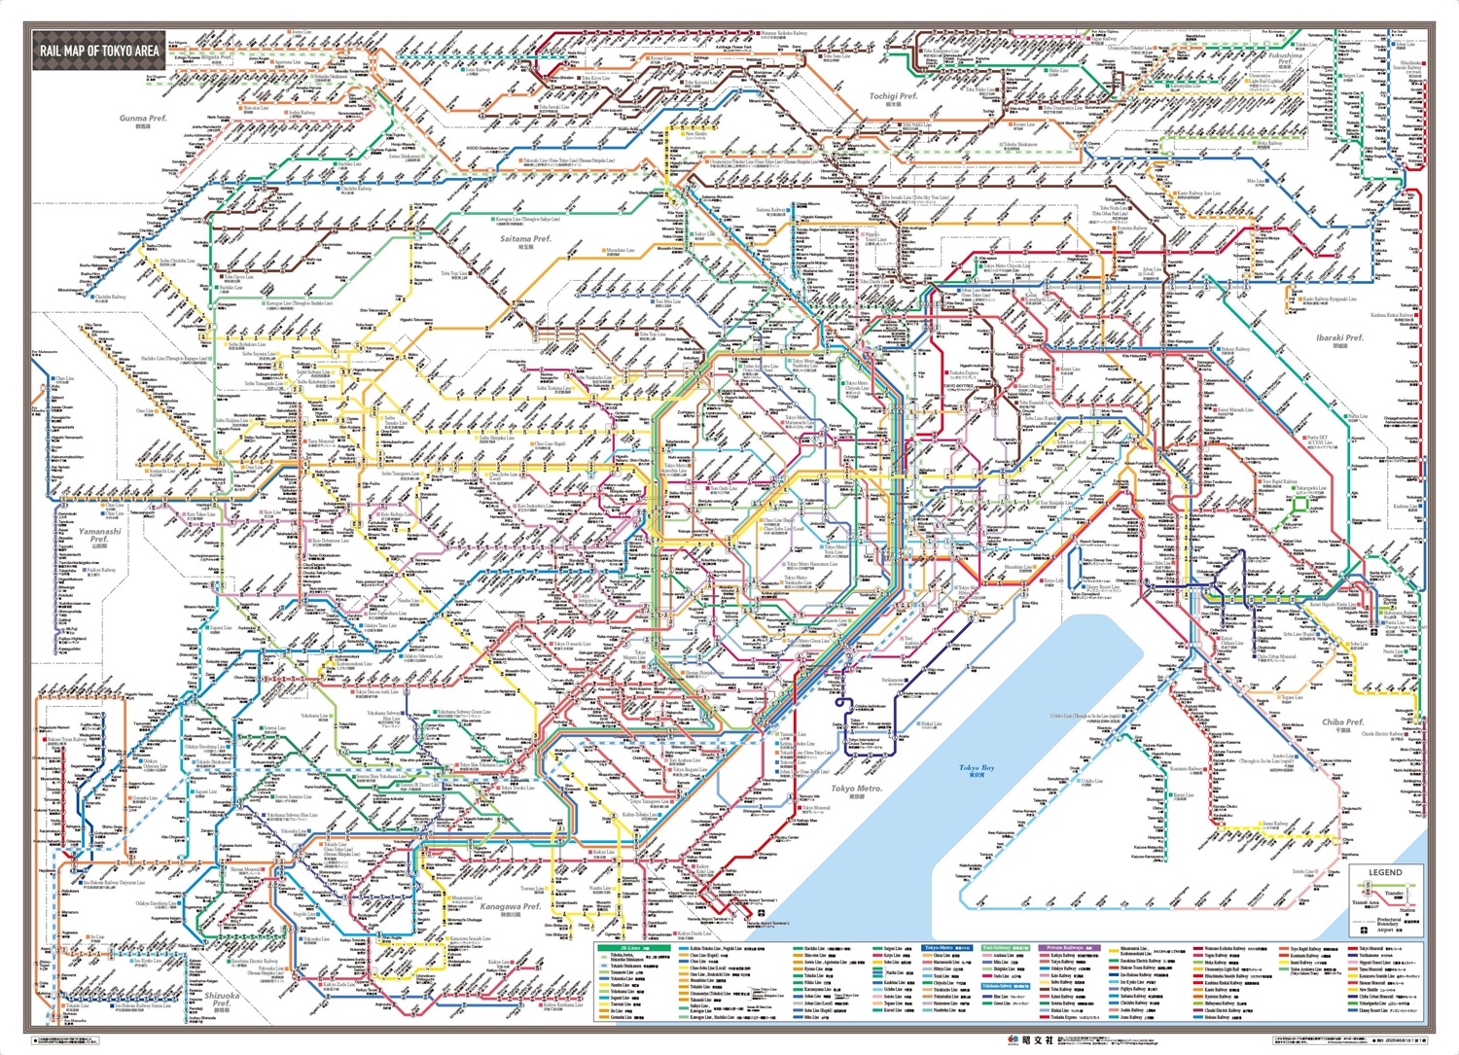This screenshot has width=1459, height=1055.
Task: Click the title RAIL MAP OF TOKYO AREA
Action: [99, 51]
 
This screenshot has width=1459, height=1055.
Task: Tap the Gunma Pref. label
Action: [143, 119]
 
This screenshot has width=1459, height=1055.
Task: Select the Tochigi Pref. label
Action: [892, 96]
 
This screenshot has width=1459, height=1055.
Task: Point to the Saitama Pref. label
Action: [525, 238]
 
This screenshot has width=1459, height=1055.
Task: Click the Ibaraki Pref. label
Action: [1339, 338]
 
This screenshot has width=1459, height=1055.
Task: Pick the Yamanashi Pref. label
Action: [100, 536]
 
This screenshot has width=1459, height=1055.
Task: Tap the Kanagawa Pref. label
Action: [510, 906]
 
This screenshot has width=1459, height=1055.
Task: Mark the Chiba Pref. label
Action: [1342, 722]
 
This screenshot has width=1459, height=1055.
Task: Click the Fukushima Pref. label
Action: [1285, 59]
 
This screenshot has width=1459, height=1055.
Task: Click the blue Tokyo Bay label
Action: [977, 768]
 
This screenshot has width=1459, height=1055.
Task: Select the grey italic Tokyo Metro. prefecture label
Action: [856, 789]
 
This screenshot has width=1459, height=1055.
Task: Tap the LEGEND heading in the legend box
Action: [1385, 872]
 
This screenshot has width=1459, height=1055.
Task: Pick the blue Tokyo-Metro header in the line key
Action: [943, 947]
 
